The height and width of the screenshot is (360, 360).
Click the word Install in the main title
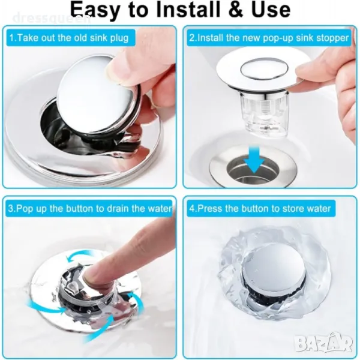tap(186, 10)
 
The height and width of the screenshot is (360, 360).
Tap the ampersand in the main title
tap(236, 10)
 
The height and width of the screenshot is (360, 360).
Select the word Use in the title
tap(271, 10)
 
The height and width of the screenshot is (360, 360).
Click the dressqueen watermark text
tap(52, 19)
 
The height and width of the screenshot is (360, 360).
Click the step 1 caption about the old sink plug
tap(69, 38)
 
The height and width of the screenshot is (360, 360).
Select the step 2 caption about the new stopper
tap(269, 38)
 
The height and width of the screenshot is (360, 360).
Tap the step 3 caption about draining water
tap(90, 208)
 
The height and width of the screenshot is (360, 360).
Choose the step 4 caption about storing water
tap(260, 208)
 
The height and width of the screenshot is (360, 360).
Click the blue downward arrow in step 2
tap(254, 160)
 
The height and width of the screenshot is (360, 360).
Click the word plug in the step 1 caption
tap(119, 38)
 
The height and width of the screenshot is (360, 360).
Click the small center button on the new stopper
tap(264, 68)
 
